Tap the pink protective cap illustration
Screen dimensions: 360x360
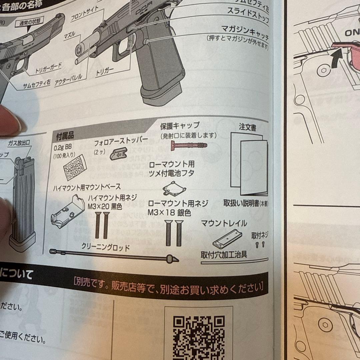pyautogui.click(x=189, y=146)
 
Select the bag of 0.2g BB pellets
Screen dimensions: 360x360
pyautogui.click(x=75, y=168)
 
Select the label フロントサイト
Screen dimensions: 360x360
pyautogui.click(x=85, y=13)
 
